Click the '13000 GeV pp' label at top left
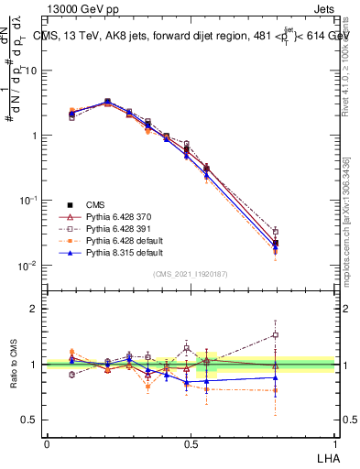(80, 9)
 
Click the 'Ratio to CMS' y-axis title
(15, 365)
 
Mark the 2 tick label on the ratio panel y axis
(34, 309)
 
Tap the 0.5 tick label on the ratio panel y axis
(30, 420)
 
